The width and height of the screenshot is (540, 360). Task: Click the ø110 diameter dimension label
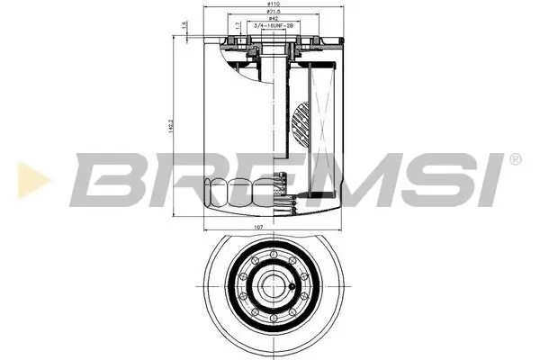271,5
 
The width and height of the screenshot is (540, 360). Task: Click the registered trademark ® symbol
515,159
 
